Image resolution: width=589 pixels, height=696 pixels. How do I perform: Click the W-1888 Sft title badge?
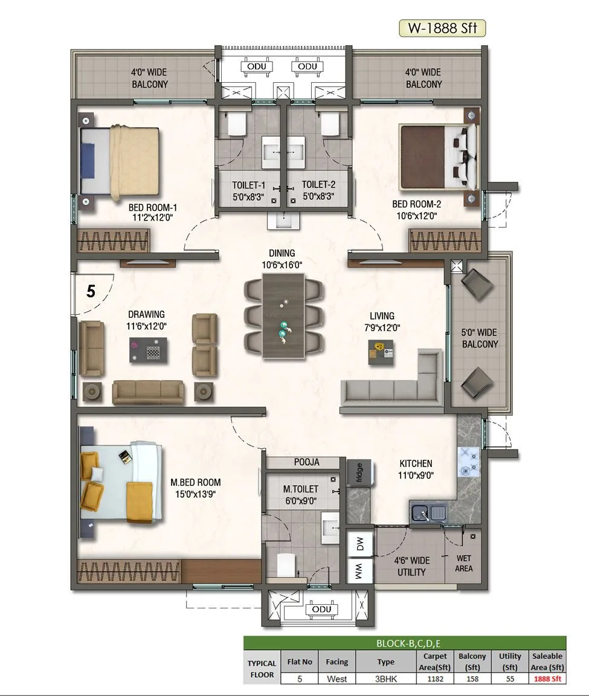click(442, 28)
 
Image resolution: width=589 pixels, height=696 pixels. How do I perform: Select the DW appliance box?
click(359, 545)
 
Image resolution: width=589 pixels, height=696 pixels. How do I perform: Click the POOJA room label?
click(307, 462)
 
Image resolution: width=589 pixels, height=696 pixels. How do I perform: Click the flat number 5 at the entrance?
click(91, 291)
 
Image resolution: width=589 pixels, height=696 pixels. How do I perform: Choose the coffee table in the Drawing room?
click(147, 350)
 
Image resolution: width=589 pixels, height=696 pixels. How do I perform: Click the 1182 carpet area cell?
click(435, 678)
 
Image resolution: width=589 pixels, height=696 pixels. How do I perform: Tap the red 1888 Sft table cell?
click(547, 678)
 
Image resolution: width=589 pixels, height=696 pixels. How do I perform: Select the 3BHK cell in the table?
click(385, 678)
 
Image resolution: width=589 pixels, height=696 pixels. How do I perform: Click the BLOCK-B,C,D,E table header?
click(404, 643)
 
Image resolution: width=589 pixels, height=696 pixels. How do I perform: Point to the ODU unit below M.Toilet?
click(321, 610)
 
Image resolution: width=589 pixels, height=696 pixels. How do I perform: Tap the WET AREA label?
click(464, 563)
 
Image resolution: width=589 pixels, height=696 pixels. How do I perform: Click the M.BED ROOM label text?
click(195, 482)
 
